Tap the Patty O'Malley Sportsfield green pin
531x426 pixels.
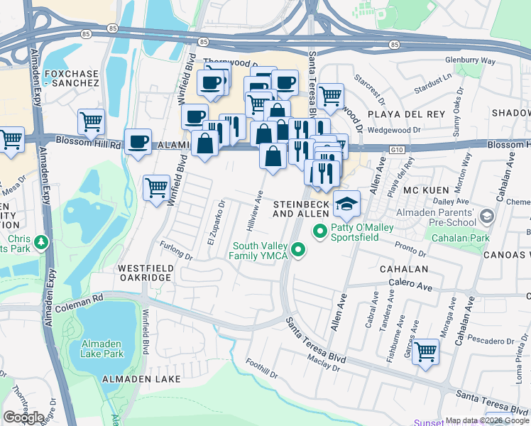[x=319, y=231]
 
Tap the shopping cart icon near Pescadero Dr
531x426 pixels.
[x=425, y=351]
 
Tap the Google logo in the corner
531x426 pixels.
[x=23, y=417]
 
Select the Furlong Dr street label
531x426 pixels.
[x=176, y=251]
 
